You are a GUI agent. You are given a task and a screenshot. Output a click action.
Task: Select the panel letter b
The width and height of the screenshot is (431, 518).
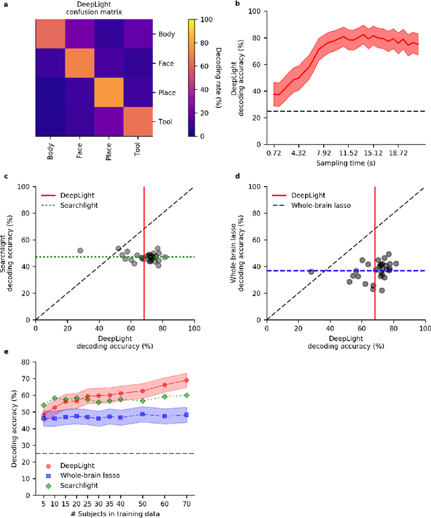(237, 4)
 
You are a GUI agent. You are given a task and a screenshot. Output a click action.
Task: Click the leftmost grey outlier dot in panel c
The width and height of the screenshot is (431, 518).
(80, 250)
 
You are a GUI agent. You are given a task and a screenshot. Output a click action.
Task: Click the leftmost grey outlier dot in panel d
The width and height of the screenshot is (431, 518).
(311, 271)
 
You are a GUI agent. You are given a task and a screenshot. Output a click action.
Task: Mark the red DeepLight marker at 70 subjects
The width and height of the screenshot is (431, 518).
(186, 380)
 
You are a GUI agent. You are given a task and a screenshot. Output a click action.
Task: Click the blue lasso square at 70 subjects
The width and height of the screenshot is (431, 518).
(186, 415)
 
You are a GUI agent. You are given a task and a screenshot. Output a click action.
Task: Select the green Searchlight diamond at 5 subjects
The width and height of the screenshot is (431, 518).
(44, 405)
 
